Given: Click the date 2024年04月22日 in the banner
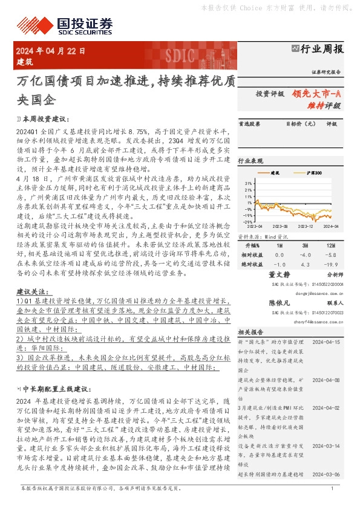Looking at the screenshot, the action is tap(51, 51).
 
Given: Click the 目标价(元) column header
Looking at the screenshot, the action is tap(301, 124).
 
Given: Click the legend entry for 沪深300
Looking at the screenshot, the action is tap(311, 173).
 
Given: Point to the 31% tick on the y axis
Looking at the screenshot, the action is tap(248, 181).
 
